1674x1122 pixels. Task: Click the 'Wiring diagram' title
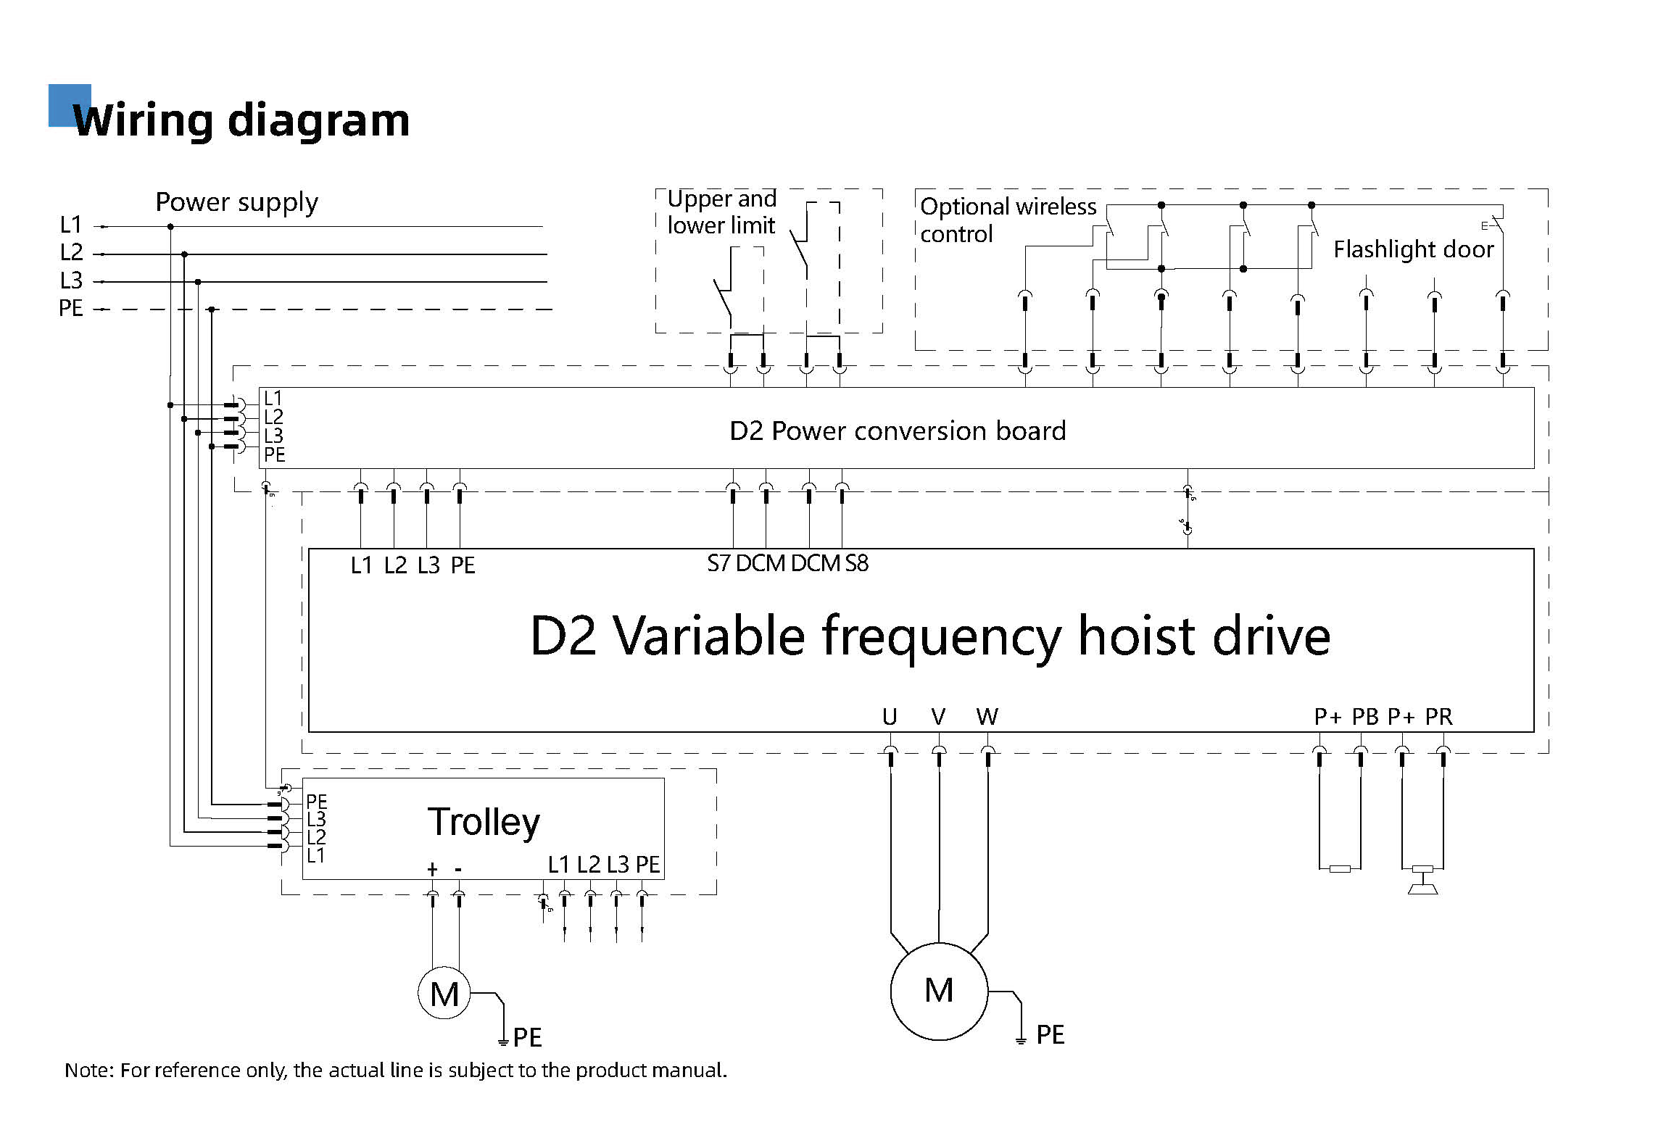point(241,120)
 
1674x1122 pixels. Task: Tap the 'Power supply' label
point(236,202)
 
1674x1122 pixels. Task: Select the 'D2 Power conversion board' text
point(898,431)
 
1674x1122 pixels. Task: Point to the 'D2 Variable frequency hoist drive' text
point(930,636)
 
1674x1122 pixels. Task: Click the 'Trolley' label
point(484,822)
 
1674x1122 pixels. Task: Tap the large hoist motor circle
point(939,991)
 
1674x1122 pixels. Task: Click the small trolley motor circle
point(444,994)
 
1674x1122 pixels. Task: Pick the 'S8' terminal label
point(856,563)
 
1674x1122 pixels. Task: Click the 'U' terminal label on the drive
point(890,717)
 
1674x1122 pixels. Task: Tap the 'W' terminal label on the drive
point(987,717)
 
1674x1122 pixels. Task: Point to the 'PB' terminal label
point(1365,717)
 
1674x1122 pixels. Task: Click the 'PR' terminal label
point(1438,717)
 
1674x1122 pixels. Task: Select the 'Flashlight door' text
point(1413,249)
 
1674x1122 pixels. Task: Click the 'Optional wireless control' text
point(1008,220)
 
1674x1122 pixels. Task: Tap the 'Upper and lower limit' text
point(721,212)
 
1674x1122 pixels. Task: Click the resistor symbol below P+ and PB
point(1340,868)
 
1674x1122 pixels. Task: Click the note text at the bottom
point(396,1071)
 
